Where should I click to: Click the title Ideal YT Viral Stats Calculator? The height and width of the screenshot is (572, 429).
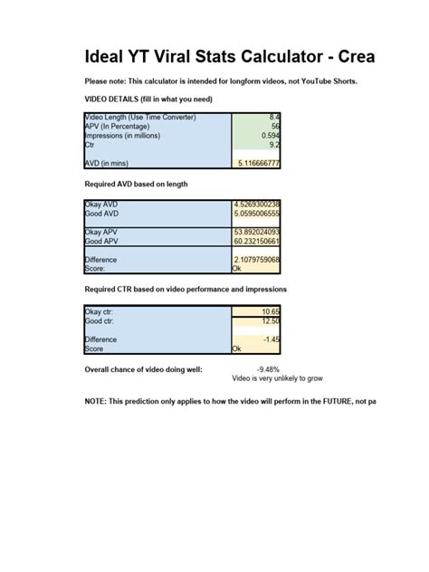click(229, 58)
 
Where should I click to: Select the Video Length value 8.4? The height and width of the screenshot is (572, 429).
click(274, 117)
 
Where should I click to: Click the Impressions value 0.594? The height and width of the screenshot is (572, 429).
click(271, 135)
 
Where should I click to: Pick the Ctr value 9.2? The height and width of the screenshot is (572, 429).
click(274, 143)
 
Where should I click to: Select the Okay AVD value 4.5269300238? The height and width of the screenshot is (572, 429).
click(257, 205)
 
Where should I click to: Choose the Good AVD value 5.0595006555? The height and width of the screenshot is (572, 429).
click(257, 214)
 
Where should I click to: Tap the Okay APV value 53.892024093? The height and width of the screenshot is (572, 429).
click(257, 232)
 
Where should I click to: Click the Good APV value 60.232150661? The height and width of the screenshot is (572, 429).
click(257, 241)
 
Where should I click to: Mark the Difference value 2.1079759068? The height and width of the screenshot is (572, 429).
click(257, 260)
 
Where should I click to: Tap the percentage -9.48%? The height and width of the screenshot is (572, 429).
click(269, 369)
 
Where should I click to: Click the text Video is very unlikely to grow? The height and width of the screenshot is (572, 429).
click(277, 378)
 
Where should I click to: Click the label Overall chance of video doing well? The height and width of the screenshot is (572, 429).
click(144, 369)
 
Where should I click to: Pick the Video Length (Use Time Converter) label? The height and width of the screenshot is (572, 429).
click(140, 117)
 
